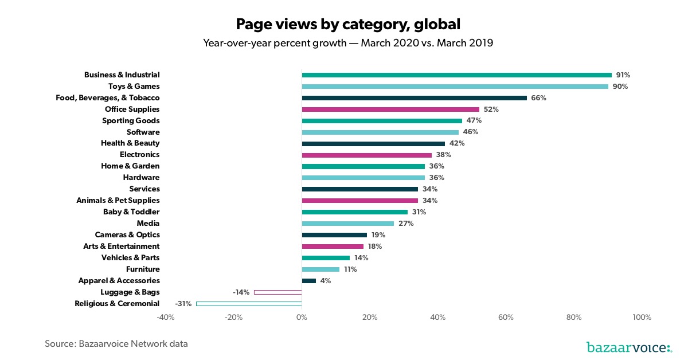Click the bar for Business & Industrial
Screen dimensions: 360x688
coord(456,75)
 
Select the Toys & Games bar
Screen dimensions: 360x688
coord(455,87)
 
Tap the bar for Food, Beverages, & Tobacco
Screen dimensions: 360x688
coord(414,98)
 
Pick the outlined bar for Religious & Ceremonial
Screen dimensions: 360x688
coord(249,303)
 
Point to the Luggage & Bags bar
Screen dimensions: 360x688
coord(277,292)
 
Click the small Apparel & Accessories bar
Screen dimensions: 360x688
coord(308,281)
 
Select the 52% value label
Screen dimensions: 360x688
coord(491,109)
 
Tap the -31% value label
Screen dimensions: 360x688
coord(183,303)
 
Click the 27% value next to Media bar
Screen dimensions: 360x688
coord(406,224)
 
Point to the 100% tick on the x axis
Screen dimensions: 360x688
coord(642,318)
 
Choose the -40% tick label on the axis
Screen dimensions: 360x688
coord(165,318)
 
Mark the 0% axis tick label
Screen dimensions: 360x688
coord(302,318)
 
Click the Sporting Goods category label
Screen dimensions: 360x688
coord(131,121)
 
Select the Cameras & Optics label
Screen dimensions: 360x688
coord(127,235)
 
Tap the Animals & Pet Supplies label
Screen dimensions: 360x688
coord(118,201)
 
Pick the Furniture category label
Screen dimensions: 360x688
coord(143,269)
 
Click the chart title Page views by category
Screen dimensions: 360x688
coord(348,24)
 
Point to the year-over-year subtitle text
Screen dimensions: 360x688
coord(348,43)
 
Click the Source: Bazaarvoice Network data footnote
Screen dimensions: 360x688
coord(116,344)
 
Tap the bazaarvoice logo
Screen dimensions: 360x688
coord(629,347)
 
